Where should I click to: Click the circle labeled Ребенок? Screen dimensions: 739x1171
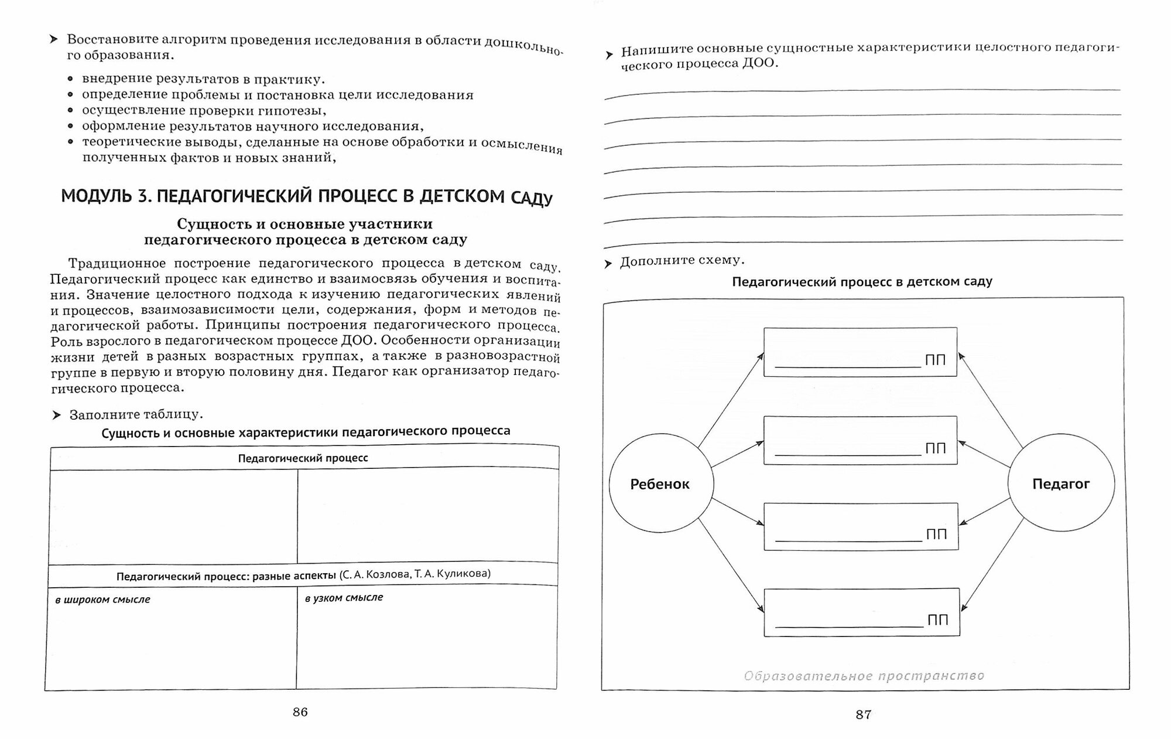[661, 483]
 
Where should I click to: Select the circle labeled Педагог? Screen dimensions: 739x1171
[1061, 483]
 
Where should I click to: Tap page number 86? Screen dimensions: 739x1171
[300, 712]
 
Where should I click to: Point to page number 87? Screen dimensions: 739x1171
[864, 714]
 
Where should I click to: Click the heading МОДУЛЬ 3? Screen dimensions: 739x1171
[307, 196]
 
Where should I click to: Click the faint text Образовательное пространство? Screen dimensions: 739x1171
[864, 676]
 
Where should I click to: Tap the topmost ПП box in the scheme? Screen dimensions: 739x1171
[860, 352]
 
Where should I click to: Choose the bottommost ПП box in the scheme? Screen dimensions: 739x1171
[861, 612]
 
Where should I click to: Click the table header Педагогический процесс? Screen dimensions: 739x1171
[303, 458]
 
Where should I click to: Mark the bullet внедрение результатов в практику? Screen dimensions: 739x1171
[203, 79]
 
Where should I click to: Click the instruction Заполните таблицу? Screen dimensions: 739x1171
[136, 415]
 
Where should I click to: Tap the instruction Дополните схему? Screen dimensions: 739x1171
[682, 261]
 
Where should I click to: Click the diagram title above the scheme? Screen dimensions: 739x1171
[862, 282]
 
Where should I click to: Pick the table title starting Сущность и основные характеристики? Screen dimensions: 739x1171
[306, 432]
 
